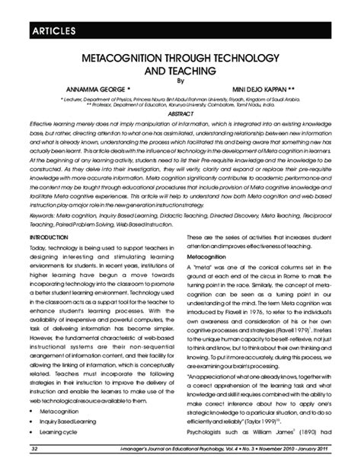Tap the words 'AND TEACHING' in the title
(180, 72)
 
